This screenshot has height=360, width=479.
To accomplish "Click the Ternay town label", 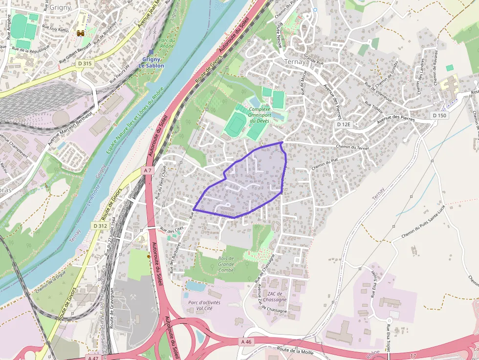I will point(295,62).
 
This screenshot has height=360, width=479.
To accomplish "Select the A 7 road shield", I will point(148,170).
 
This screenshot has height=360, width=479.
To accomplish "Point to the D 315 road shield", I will point(85,64).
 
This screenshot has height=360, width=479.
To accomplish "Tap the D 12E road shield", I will point(344,125).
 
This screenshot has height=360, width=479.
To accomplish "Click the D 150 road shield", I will point(439,115).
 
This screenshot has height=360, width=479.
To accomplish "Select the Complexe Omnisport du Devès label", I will point(260,115).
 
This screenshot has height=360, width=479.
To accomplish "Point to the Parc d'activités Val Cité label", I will point(204,305).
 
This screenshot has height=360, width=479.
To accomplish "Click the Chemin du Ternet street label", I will point(352,147).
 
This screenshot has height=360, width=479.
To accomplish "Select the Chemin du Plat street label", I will point(325,164).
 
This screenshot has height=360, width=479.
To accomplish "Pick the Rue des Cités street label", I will point(171,229).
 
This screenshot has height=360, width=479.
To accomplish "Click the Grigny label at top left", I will point(60,7).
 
